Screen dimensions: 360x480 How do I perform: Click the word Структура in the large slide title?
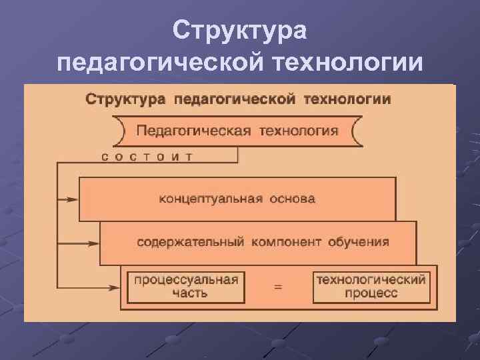[x=239, y=31]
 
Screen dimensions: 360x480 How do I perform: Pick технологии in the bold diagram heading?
[x=347, y=99]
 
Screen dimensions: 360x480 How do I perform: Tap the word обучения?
[x=359, y=241]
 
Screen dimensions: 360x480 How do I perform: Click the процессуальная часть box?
[x=186, y=287]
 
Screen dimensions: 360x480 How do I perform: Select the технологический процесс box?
[x=371, y=287]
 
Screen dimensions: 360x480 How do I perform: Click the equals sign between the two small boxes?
[x=278, y=287]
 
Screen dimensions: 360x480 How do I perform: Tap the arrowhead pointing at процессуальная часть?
[x=114, y=287]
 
